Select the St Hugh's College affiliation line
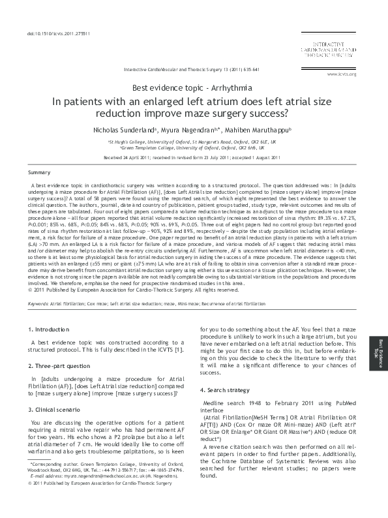[x=192, y=141]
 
